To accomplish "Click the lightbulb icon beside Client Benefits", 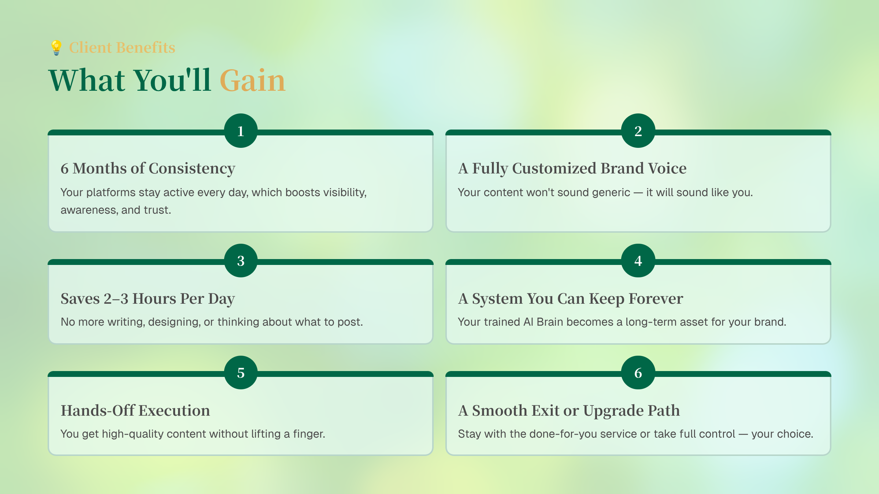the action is [x=56, y=48].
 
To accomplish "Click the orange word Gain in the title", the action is [x=252, y=81].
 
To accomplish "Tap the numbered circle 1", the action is [x=241, y=131].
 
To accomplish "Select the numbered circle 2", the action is [x=638, y=131].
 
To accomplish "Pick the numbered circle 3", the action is [x=241, y=261].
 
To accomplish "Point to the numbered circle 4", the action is [x=638, y=261].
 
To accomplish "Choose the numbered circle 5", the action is [x=241, y=373].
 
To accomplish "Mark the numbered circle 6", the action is [x=638, y=373].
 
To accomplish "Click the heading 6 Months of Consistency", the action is [x=148, y=169].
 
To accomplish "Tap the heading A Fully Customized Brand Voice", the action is [x=572, y=169].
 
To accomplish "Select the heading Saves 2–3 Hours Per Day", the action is [x=148, y=299].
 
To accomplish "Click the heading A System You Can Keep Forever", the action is [x=571, y=299].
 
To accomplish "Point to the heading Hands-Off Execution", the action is [x=136, y=411].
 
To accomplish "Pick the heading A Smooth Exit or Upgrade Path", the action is [x=569, y=411].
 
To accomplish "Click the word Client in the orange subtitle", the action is [x=90, y=48].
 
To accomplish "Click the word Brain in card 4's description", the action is [x=550, y=322].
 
